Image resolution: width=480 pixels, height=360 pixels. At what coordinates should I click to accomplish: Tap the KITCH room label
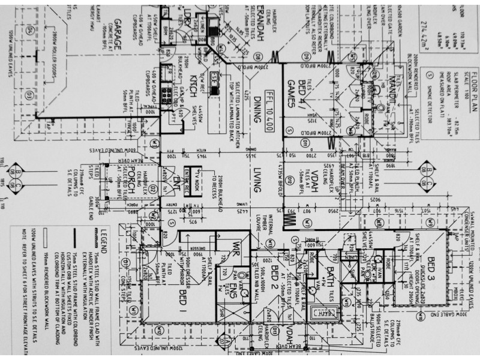(193, 87)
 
